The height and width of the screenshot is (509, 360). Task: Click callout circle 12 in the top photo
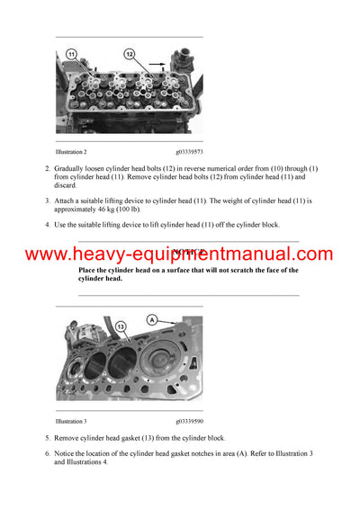[129, 54]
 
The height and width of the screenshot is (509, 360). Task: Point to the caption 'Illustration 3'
[71, 421]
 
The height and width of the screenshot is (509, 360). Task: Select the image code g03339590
[189, 421]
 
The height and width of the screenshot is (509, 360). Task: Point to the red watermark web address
[179, 255]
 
